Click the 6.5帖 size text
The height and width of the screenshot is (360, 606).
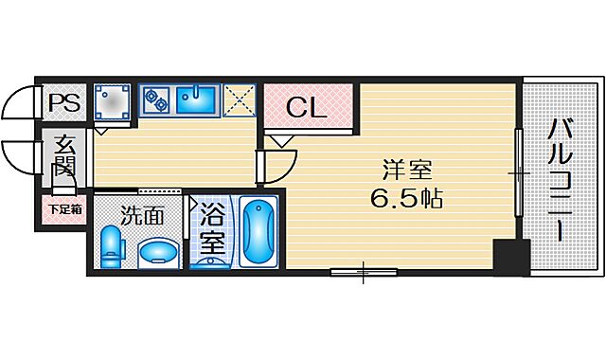point(407,200)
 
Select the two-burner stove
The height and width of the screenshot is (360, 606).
point(154,98)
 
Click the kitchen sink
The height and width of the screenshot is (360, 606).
point(196,98)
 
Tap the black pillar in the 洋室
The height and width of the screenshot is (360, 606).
point(510,257)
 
